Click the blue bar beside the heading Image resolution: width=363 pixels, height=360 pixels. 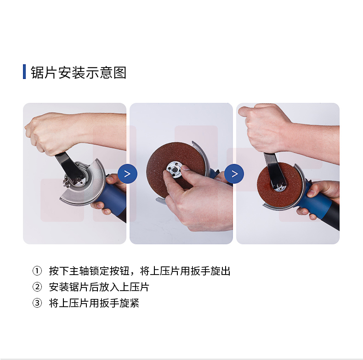click(24, 72)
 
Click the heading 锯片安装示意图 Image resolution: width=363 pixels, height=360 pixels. click(79, 73)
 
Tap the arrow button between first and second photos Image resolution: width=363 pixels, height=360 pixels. click(127, 174)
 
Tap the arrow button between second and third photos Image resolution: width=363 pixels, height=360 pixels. click(234, 174)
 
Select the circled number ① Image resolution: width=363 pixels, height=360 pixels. click(37, 271)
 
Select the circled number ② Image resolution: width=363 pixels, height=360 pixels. click(37, 287)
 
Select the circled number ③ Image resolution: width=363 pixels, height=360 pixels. click(37, 303)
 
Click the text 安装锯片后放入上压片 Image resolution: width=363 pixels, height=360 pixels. click(99, 287)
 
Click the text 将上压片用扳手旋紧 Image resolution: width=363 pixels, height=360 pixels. click(94, 303)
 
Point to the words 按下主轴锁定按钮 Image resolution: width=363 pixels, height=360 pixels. click(89, 271)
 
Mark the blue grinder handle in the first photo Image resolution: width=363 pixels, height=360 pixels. click(113, 197)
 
